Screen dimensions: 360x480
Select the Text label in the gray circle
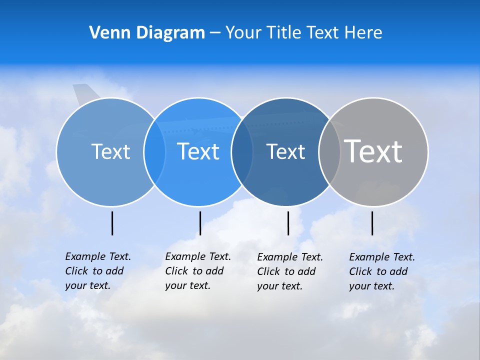(x=373, y=151)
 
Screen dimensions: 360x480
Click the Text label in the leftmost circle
(x=110, y=151)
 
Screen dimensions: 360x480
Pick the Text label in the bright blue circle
(x=198, y=151)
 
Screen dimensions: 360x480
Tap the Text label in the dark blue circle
(x=285, y=151)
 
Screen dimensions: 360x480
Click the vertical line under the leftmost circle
(x=112, y=223)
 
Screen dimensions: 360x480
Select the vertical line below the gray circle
(x=372, y=223)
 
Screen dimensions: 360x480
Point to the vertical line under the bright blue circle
(x=200, y=223)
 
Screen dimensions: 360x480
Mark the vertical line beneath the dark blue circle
(x=288, y=223)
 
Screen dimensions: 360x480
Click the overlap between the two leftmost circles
(x=154, y=151)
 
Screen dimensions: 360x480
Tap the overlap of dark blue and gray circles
(x=329, y=151)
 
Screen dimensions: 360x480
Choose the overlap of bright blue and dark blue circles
(x=242, y=151)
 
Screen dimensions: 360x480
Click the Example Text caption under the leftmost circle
(x=98, y=271)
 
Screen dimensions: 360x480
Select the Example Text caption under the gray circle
(x=382, y=271)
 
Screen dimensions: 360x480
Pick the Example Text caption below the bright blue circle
(x=198, y=271)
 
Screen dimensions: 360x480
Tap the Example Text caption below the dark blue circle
(x=290, y=271)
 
